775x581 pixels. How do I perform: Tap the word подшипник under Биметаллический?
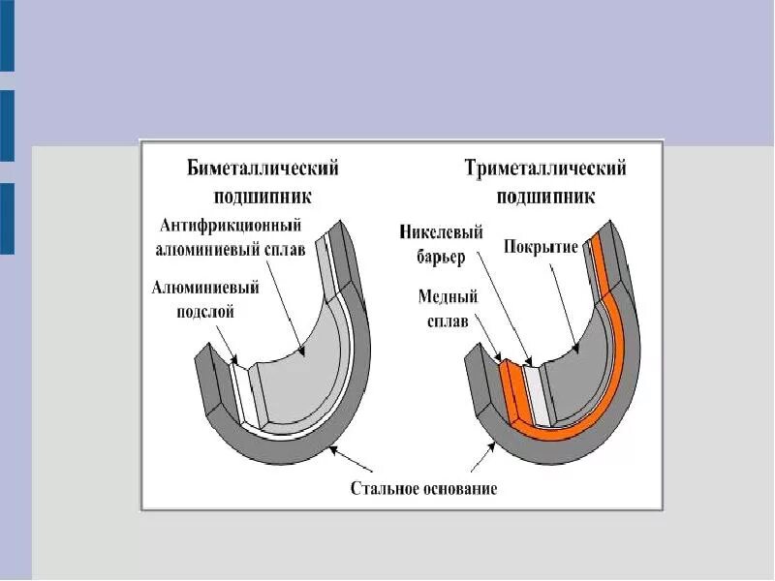coord(263,196)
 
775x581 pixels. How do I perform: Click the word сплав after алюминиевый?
coord(286,249)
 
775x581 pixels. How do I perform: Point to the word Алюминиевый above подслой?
coord(205,288)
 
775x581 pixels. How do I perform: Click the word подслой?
coord(205,312)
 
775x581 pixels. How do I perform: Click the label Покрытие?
coord(541,246)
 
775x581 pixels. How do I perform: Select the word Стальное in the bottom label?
coord(385,488)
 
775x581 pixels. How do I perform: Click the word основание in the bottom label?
coord(459,488)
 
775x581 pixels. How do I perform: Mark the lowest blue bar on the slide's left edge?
coord(7,219)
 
